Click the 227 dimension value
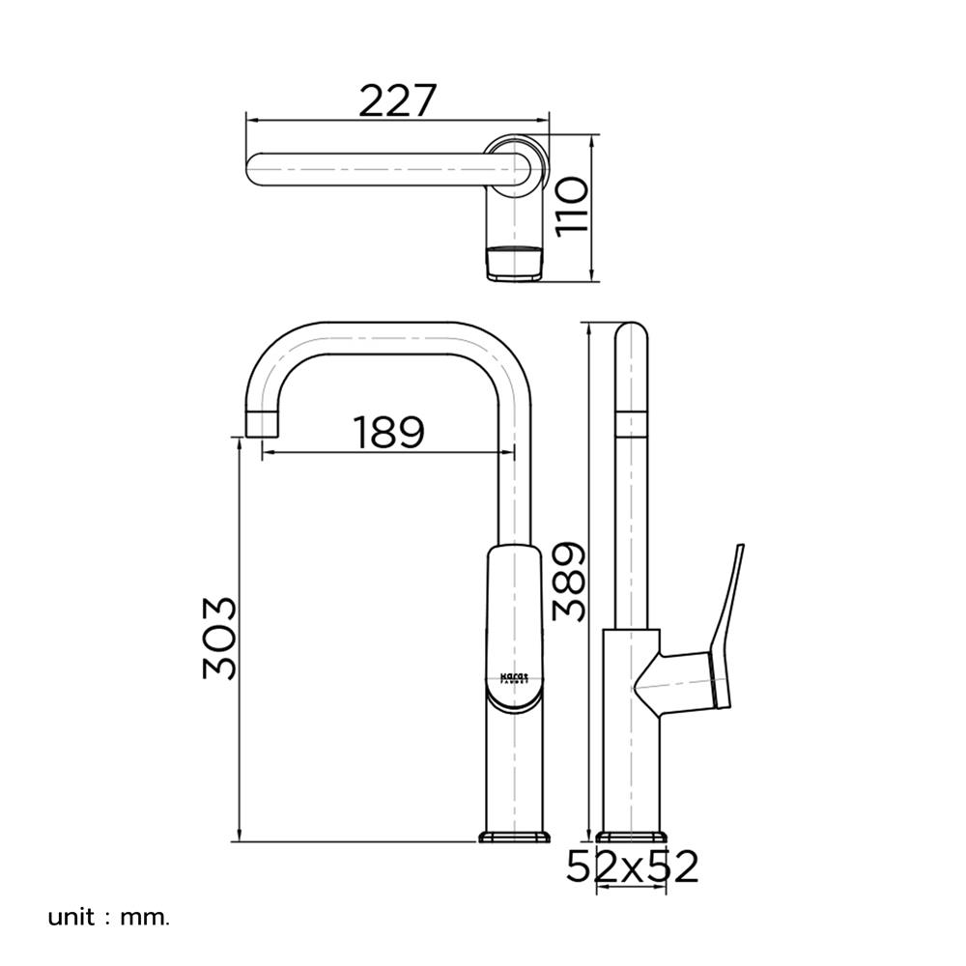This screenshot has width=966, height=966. [x=398, y=99]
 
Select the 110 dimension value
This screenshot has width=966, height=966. [x=572, y=209]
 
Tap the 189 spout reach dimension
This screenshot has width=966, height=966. [x=387, y=432]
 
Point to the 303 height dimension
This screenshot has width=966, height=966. [x=220, y=638]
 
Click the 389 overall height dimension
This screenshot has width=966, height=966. [x=569, y=581]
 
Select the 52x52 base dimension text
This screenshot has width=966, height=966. [x=632, y=867]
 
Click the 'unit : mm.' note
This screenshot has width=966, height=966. [x=108, y=915]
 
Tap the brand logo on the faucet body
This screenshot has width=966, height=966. [x=515, y=676]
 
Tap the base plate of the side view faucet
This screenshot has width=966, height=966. [x=632, y=836]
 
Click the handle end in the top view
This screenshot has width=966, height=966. [x=513, y=264]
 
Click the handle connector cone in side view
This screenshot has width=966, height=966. [x=650, y=681]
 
